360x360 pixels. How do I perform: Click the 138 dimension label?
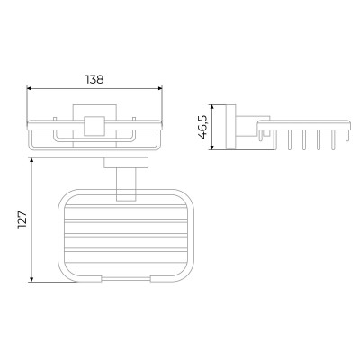(94, 79)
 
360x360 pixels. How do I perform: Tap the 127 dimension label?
(22, 220)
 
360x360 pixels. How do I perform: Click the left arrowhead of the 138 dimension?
(30, 88)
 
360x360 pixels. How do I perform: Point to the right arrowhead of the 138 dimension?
(159, 88)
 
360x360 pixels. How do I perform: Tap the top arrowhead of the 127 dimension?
(31, 161)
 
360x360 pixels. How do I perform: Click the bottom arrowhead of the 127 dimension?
(31, 279)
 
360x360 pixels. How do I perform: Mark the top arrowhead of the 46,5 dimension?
(212, 107)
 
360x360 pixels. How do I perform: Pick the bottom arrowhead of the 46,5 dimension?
(212, 147)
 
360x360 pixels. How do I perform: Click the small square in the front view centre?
(94, 126)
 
